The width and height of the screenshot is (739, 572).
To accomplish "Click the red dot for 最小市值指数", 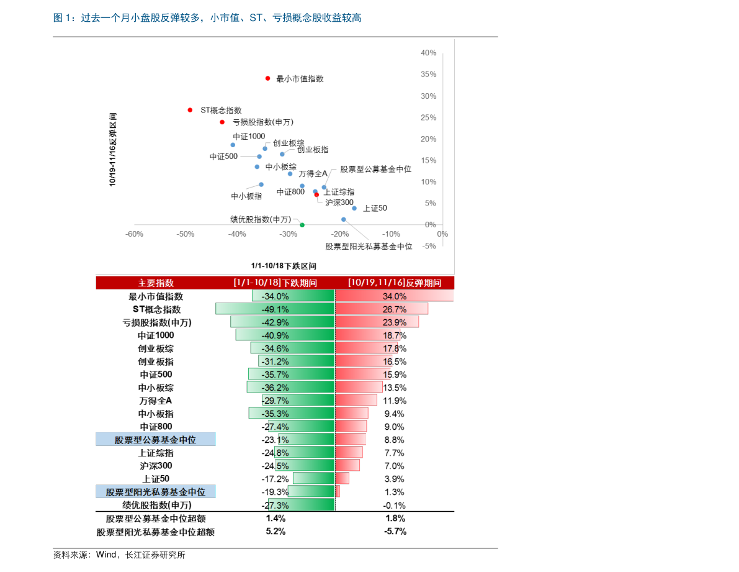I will pos(267,78).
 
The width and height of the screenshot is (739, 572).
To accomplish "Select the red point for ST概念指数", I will pos(190,110).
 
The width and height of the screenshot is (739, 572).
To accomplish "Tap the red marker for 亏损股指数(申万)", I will pos(222,122).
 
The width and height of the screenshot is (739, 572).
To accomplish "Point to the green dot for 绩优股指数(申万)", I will pos(302,225).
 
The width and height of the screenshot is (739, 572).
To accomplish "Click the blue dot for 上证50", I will pos(354,208).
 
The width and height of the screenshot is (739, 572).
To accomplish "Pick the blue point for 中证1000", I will pos(233,145).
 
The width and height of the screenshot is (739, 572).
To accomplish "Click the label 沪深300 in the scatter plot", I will pos(339,202).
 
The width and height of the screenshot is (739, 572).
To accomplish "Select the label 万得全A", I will pos(313,173).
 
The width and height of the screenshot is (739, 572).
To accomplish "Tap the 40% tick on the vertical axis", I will pos(428,53).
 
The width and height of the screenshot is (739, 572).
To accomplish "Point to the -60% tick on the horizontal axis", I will pos(135,234).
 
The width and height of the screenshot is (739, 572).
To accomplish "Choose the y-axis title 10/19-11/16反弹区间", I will pos(113,150).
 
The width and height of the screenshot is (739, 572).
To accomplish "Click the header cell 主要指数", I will pos(156,283).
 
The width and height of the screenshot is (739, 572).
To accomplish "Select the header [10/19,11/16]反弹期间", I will pos(395,283).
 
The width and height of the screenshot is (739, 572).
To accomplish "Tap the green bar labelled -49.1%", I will pos(275,309).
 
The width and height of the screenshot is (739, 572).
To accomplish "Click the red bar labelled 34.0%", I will pos(395,296).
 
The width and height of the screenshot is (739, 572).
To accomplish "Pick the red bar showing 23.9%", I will pos(377,322).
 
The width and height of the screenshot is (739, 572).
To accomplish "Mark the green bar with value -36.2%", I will pos(290,387).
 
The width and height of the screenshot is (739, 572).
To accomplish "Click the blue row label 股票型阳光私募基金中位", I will pos(156,492).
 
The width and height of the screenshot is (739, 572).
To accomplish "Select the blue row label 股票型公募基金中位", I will pos(156,440).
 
